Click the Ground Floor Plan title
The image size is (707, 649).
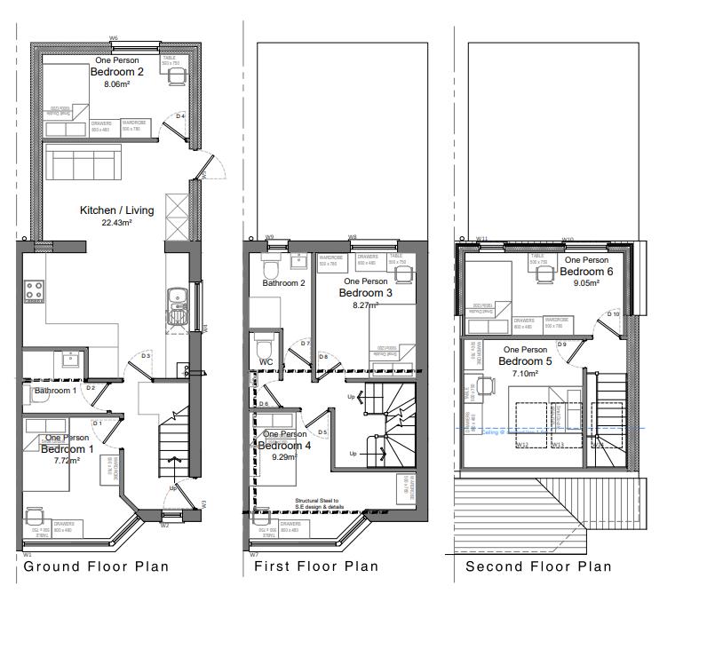96,566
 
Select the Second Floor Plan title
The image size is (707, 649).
538,566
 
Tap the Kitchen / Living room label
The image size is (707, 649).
116,210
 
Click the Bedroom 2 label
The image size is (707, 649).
116,72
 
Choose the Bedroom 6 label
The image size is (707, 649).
586,272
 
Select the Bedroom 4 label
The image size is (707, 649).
284,446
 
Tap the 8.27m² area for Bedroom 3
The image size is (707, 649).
364,305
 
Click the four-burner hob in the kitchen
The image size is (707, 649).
35,290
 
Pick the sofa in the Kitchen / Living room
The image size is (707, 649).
81,163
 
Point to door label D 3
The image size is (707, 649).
146,355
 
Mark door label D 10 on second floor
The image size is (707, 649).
613,314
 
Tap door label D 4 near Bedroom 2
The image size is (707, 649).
179,116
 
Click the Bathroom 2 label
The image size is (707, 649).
283,283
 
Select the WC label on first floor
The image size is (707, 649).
266,362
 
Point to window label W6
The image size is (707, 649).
114,38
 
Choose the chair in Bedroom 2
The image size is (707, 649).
179,76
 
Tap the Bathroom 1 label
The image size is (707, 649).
55,390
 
